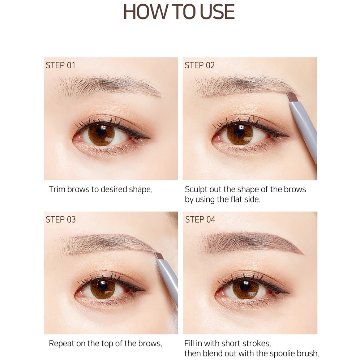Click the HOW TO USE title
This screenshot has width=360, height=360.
(179, 13)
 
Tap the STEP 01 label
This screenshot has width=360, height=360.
(60, 65)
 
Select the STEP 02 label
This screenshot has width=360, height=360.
(200, 65)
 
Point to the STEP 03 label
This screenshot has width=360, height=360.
(61, 219)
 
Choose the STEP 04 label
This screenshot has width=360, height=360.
(200, 219)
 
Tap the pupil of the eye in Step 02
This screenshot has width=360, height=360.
(239, 132)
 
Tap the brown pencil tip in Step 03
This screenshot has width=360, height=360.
(159, 256)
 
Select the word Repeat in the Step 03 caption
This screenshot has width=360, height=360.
(61, 343)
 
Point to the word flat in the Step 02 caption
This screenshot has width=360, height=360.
(234, 200)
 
